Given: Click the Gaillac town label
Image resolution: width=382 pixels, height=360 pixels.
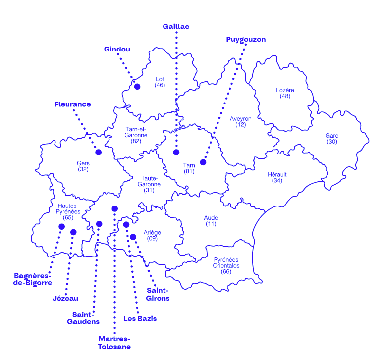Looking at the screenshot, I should (x=176, y=27).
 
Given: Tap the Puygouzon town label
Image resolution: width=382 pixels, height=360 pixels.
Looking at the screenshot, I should (x=246, y=39).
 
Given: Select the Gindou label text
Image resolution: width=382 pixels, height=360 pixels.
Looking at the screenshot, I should (x=117, y=49).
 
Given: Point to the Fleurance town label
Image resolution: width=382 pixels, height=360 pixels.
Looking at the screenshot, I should (x=73, y=104).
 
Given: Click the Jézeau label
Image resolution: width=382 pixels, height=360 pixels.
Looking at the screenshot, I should (x=65, y=298).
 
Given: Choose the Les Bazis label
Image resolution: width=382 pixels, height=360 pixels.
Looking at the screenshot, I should (x=140, y=319).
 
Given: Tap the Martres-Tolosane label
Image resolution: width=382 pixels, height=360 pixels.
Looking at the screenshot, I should (x=114, y=343).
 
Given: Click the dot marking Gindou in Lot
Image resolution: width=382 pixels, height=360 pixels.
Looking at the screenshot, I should (x=137, y=87).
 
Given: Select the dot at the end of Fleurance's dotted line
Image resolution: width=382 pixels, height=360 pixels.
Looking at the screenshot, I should (x=98, y=152).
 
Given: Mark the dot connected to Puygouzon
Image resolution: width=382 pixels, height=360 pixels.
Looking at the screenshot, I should (x=203, y=162).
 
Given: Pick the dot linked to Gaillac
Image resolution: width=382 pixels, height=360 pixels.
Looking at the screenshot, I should (x=176, y=152).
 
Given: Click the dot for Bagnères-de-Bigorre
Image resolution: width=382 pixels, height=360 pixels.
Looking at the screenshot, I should (x=61, y=226).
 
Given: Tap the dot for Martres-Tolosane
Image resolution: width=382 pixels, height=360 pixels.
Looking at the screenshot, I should (x=114, y=208).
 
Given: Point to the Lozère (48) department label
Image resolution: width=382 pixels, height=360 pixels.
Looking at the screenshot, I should (x=285, y=93).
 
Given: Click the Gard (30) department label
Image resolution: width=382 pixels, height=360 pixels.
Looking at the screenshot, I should (x=331, y=138).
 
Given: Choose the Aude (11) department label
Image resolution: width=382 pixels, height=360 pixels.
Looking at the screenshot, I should (x=211, y=220).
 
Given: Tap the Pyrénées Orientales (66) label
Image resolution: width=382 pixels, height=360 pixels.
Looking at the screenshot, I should (x=226, y=265).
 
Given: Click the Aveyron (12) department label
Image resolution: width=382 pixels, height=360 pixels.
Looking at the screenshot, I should (x=241, y=122).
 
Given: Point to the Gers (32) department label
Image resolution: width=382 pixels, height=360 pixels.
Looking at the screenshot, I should (x=83, y=166).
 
